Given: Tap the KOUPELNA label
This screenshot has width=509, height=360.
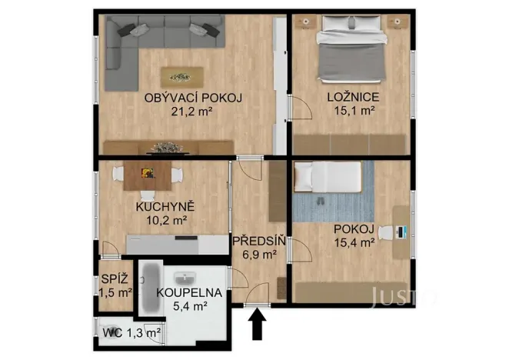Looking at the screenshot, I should (x=189, y=293).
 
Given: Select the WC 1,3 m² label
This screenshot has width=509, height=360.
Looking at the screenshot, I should (x=131, y=333).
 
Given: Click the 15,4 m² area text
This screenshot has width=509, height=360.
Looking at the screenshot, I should (x=354, y=242).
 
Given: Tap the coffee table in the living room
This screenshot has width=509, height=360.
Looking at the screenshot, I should (x=182, y=76).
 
